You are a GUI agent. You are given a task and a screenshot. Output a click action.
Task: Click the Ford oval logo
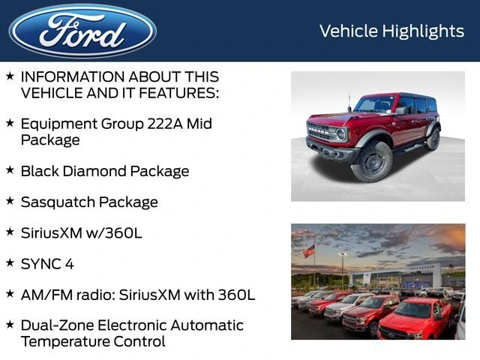tap(82, 31)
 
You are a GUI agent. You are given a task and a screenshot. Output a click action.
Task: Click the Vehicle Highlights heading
tap(391, 31)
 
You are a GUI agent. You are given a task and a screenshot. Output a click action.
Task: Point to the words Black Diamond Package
tap(104, 171)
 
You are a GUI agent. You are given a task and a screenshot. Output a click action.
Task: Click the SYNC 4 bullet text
tap(46, 264)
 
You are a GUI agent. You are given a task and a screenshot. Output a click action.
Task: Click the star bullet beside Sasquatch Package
tap(10, 200)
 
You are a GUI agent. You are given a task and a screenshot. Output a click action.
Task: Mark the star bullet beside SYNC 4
tap(10, 262)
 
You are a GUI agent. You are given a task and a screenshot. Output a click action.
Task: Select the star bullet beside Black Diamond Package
tap(10, 169)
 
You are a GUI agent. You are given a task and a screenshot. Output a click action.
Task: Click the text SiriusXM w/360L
tap(81, 233)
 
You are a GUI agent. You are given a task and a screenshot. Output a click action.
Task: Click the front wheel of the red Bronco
tap(371, 161)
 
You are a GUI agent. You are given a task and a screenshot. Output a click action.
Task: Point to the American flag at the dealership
tap(308, 252)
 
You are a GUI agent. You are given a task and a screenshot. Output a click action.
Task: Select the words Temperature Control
tap(93, 342)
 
